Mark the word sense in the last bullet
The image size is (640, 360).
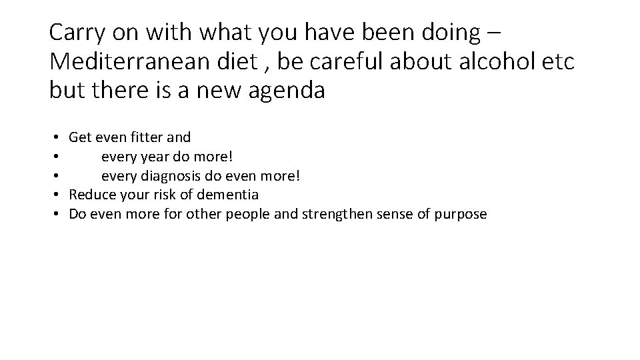tap(389, 214)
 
